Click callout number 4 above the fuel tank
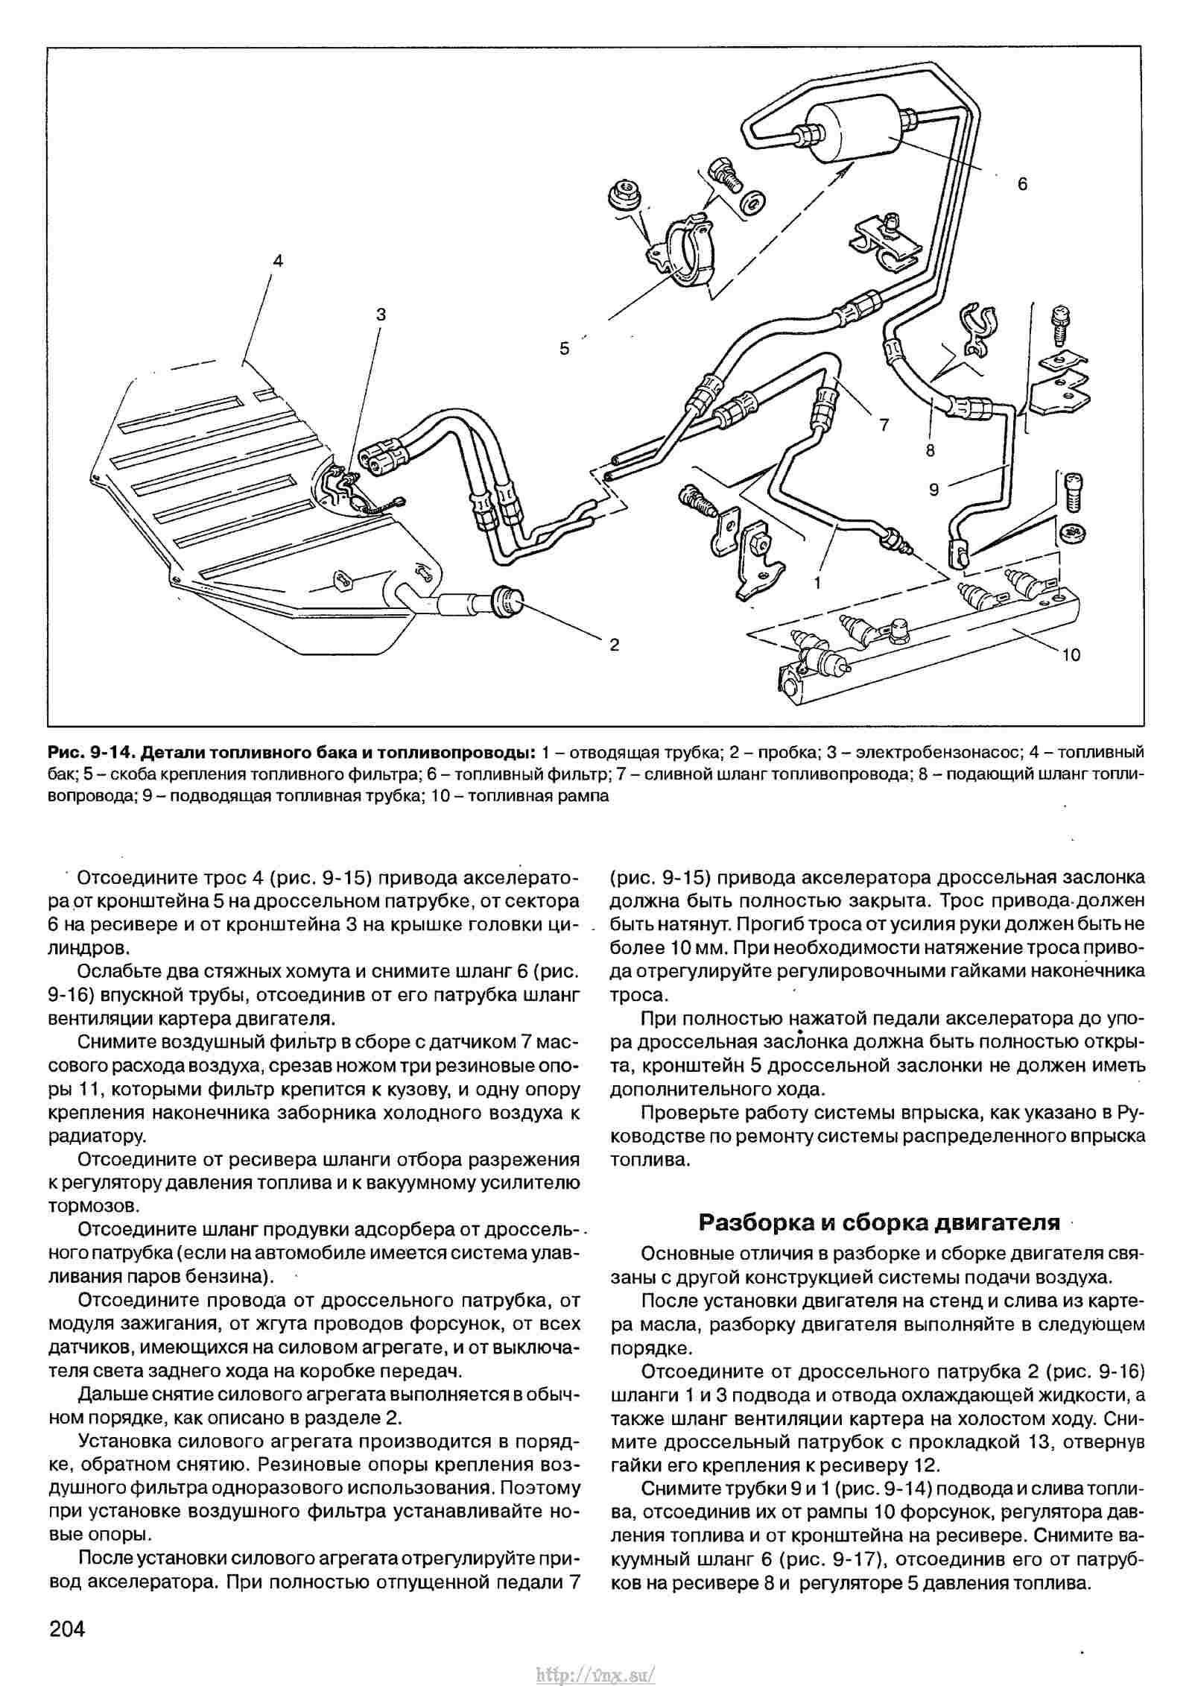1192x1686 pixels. click(277, 260)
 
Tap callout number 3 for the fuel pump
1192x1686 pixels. click(381, 315)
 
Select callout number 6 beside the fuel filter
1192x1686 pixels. click(1022, 183)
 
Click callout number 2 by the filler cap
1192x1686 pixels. click(614, 645)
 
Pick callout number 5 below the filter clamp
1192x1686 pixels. click(564, 348)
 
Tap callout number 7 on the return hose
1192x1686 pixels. click(884, 425)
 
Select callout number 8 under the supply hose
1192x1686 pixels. click(931, 450)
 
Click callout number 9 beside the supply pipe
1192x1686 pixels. click(934, 489)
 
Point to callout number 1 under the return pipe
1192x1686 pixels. click(817, 583)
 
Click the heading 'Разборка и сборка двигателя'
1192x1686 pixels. click(878, 1222)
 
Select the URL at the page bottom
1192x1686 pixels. click(595, 1670)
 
